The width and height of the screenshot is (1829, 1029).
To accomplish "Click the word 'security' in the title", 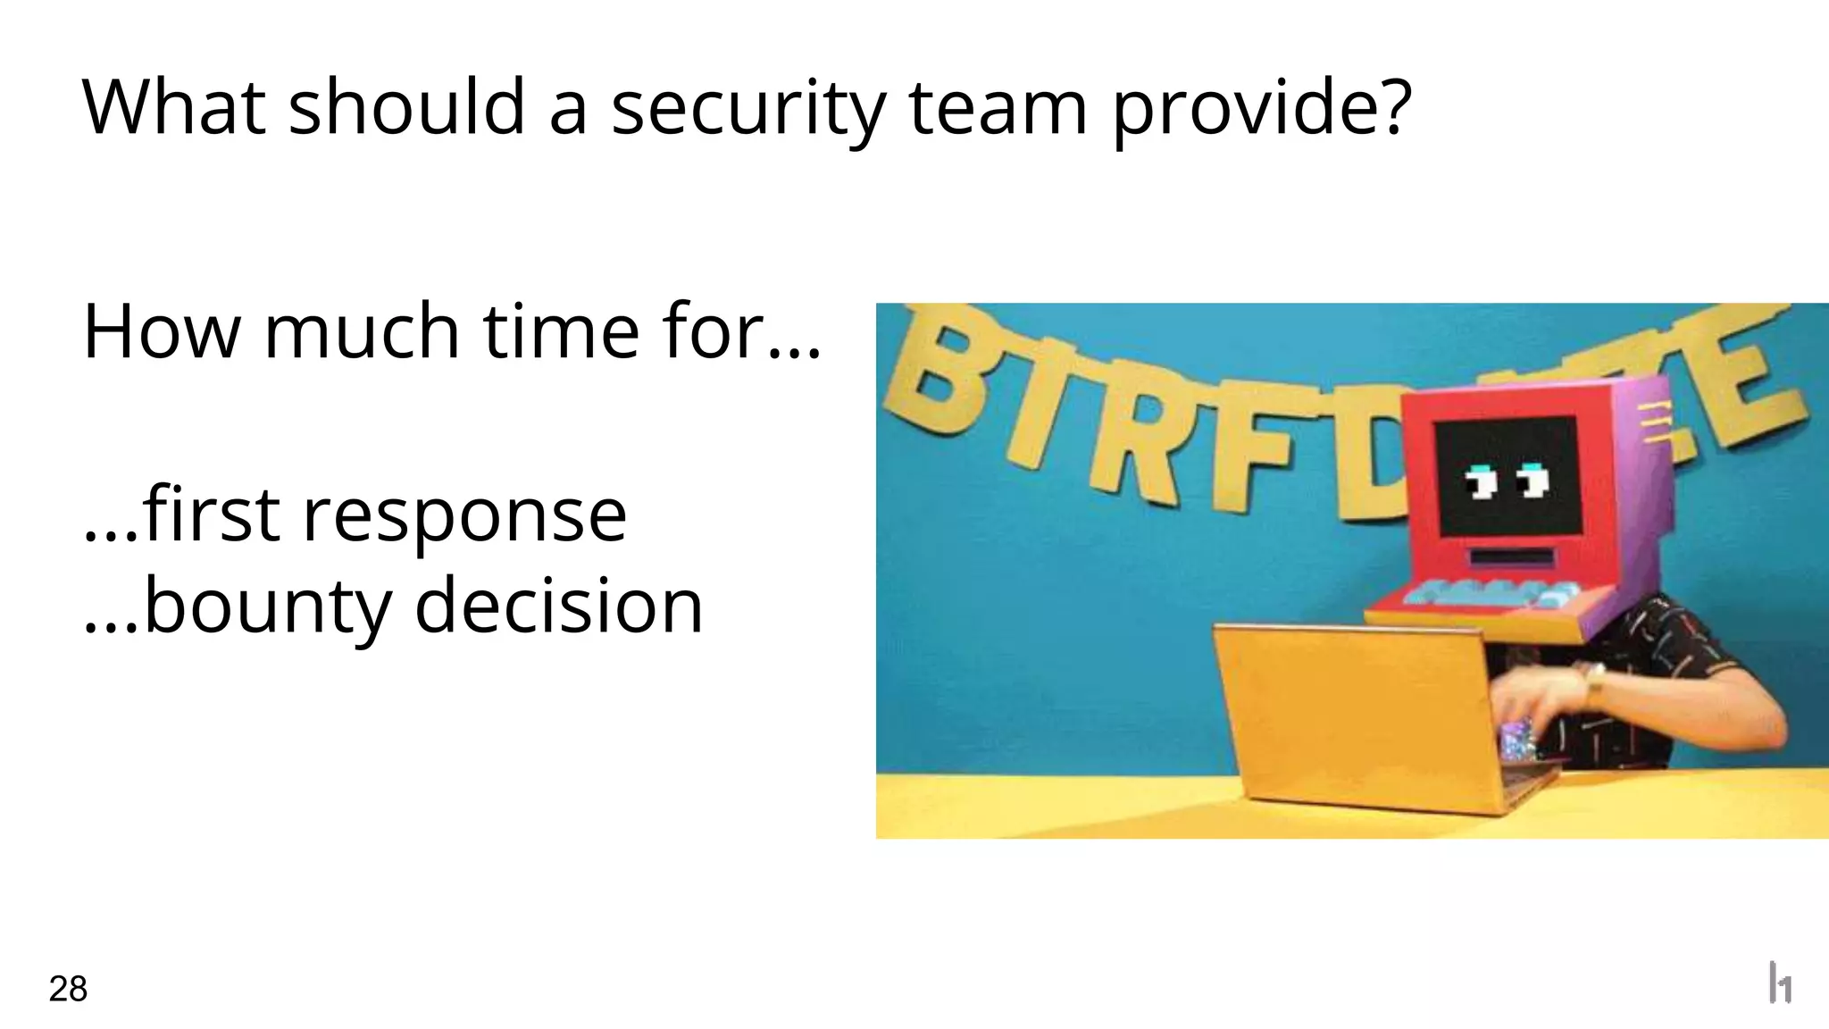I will click(x=747, y=108).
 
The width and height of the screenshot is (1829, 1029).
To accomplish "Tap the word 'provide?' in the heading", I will click(x=1261, y=108).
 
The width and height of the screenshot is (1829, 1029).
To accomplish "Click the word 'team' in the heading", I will click(x=998, y=108).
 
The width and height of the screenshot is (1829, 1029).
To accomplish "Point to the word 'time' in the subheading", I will click(x=562, y=331).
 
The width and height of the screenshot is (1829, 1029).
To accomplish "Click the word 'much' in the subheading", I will click(x=363, y=331).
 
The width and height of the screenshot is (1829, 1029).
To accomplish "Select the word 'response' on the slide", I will click(x=464, y=515).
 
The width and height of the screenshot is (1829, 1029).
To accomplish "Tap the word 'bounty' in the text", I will click(x=267, y=607).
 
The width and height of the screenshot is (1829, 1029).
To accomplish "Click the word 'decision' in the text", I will click(x=559, y=606).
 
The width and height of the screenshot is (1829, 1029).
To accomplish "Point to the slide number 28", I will click(x=68, y=990).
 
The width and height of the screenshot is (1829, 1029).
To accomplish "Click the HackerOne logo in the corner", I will click(x=1780, y=983).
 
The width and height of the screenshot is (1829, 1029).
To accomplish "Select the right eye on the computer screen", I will click(x=1534, y=480).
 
